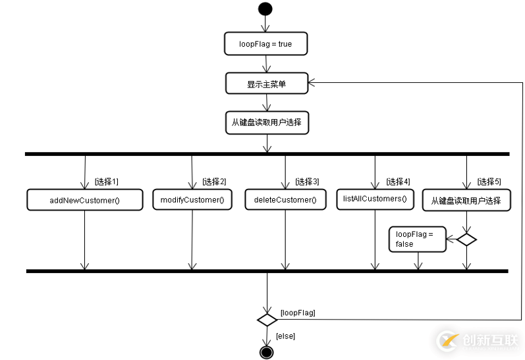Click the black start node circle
265,9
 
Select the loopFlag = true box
265,44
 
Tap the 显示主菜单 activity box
266,84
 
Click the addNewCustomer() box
84,200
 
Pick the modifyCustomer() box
192,199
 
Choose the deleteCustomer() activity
285,200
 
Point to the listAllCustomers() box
375,199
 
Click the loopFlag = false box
417,239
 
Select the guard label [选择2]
214,182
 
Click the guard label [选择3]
307,182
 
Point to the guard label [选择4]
398,182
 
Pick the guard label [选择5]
489,182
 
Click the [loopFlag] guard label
298,313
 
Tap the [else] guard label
285,336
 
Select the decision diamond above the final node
266,320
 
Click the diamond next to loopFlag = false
466,240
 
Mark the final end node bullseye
266,352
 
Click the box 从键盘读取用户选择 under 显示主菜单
266,122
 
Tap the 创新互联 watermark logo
478,340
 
